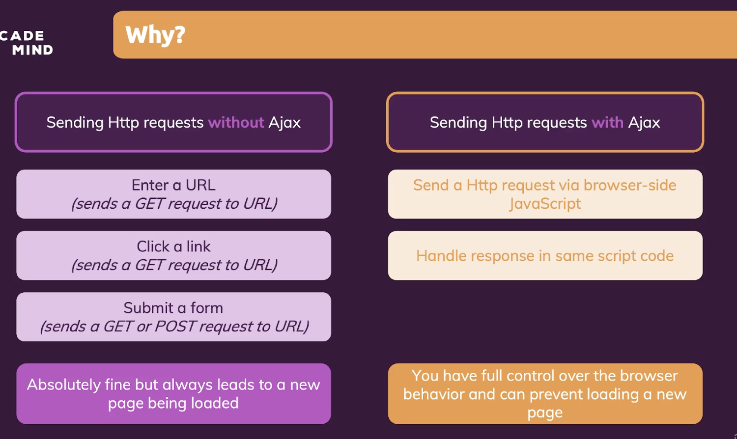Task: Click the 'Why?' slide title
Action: (x=155, y=35)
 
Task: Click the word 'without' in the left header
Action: (x=236, y=122)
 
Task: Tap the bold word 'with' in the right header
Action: (x=607, y=122)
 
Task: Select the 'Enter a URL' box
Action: (x=173, y=194)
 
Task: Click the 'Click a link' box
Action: (x=173, y=255)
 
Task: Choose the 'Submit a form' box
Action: (x=173, y=317)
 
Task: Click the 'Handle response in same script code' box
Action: (x=545, y=255)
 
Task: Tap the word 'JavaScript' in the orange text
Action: (x=545, y=203)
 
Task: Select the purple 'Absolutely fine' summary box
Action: (x=173, y=393)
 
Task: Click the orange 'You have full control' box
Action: (x=545, y=393)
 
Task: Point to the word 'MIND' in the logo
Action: (x=32, y=50)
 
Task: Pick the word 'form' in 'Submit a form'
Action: (x=206, y=308)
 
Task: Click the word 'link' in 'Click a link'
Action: (x=198, y=247)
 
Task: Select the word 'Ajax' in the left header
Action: (x=284, y=122)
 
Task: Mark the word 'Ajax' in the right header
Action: (x=644, y=122)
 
